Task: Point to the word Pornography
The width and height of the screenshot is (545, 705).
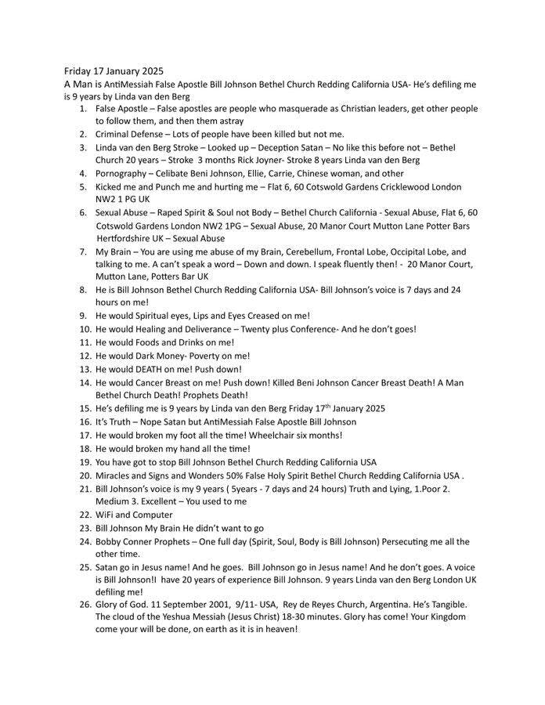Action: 121,173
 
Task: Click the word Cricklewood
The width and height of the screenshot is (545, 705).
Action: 402,186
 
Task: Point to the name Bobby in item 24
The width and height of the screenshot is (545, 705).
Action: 111,541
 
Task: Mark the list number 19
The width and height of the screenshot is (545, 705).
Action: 85,462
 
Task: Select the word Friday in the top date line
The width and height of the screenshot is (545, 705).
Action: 80,70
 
